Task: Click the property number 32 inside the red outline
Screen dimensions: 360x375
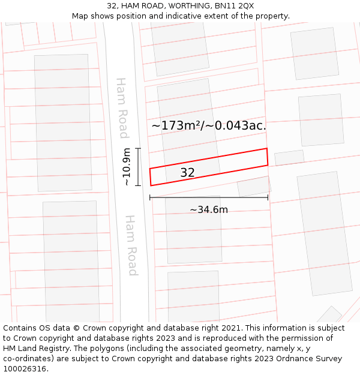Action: tap(187, 173)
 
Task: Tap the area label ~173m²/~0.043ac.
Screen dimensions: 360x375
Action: tap(208, 126)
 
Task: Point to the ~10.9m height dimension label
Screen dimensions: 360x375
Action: tap(127, 167)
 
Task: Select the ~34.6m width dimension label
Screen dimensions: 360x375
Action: tap(209, 210)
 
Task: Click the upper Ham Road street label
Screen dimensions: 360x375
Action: tap(122, 108)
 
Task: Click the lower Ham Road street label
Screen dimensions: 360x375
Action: tap(131, 245)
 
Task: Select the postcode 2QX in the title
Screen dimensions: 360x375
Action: tap(245, 6)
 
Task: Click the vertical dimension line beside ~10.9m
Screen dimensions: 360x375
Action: tap(138, 167)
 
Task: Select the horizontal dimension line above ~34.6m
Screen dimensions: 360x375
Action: tap(209, 197)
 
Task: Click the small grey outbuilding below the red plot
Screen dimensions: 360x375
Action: tap(254, 186)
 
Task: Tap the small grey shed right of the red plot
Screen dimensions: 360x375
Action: tap(289, 158)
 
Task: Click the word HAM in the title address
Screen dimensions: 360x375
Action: tap(130, 6)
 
